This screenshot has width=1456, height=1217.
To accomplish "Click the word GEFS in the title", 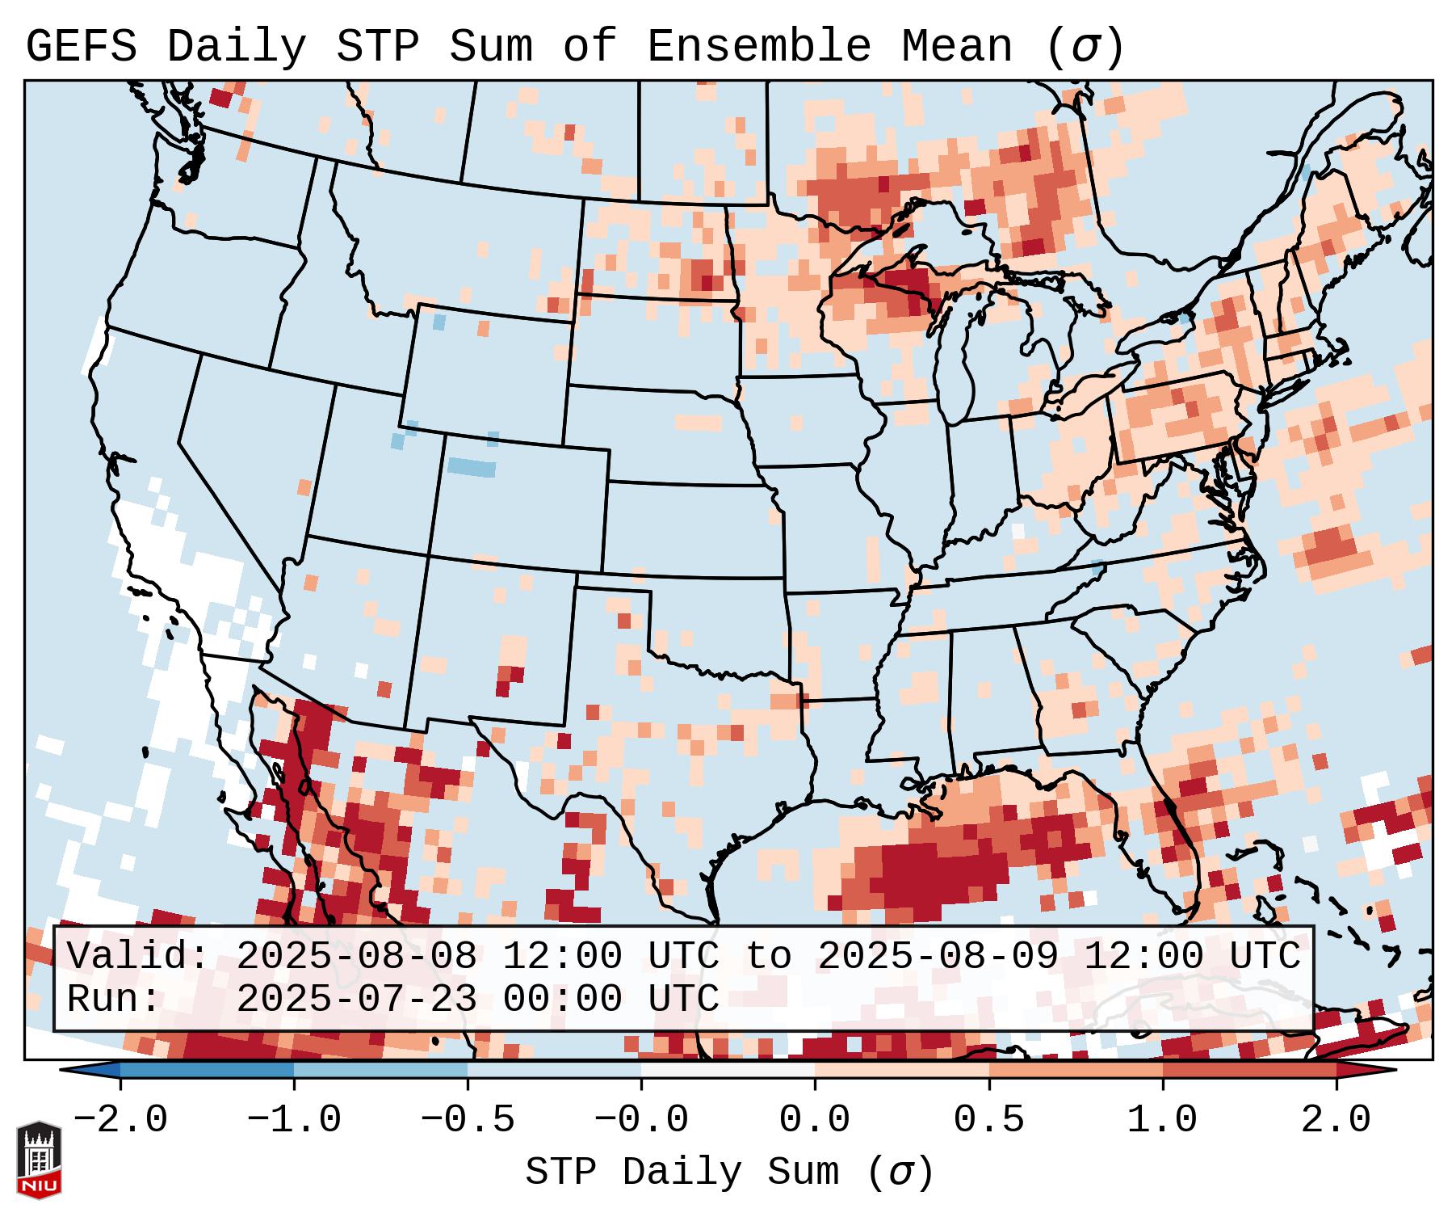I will [x=81, y=47].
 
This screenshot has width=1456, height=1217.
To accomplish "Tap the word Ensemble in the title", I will [x=759, y=47].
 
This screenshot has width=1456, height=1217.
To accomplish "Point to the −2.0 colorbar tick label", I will [x=120, y=1120].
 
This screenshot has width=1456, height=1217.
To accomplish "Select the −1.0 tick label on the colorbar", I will [x=294, y=1120].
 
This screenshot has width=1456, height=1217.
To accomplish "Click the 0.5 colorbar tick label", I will [x=988, y=1120].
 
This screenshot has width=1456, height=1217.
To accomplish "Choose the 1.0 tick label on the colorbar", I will [x=1162, y=1120].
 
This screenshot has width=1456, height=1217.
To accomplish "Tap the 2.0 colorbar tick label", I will [x=1336, y=1120].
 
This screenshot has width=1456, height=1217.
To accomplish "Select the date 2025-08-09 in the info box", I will [x=938, y=957].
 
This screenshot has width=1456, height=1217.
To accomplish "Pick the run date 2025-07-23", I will [x=356, y=999].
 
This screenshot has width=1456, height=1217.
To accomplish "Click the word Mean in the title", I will [x=957, y=47].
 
